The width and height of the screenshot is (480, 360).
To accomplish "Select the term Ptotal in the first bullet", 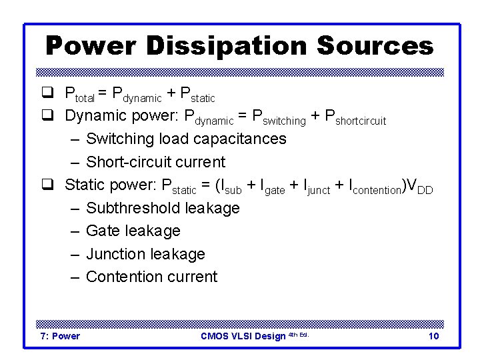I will coord(79,94).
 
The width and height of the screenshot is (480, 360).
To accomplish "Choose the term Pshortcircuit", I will coord(354,117).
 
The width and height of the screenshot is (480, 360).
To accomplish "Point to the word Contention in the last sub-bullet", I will coord(122,277).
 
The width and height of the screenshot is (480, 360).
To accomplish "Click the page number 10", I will coord(433,336).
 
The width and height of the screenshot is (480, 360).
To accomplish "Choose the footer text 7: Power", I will coord(61,336).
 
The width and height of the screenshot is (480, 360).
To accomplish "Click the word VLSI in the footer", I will coord(245,336).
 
